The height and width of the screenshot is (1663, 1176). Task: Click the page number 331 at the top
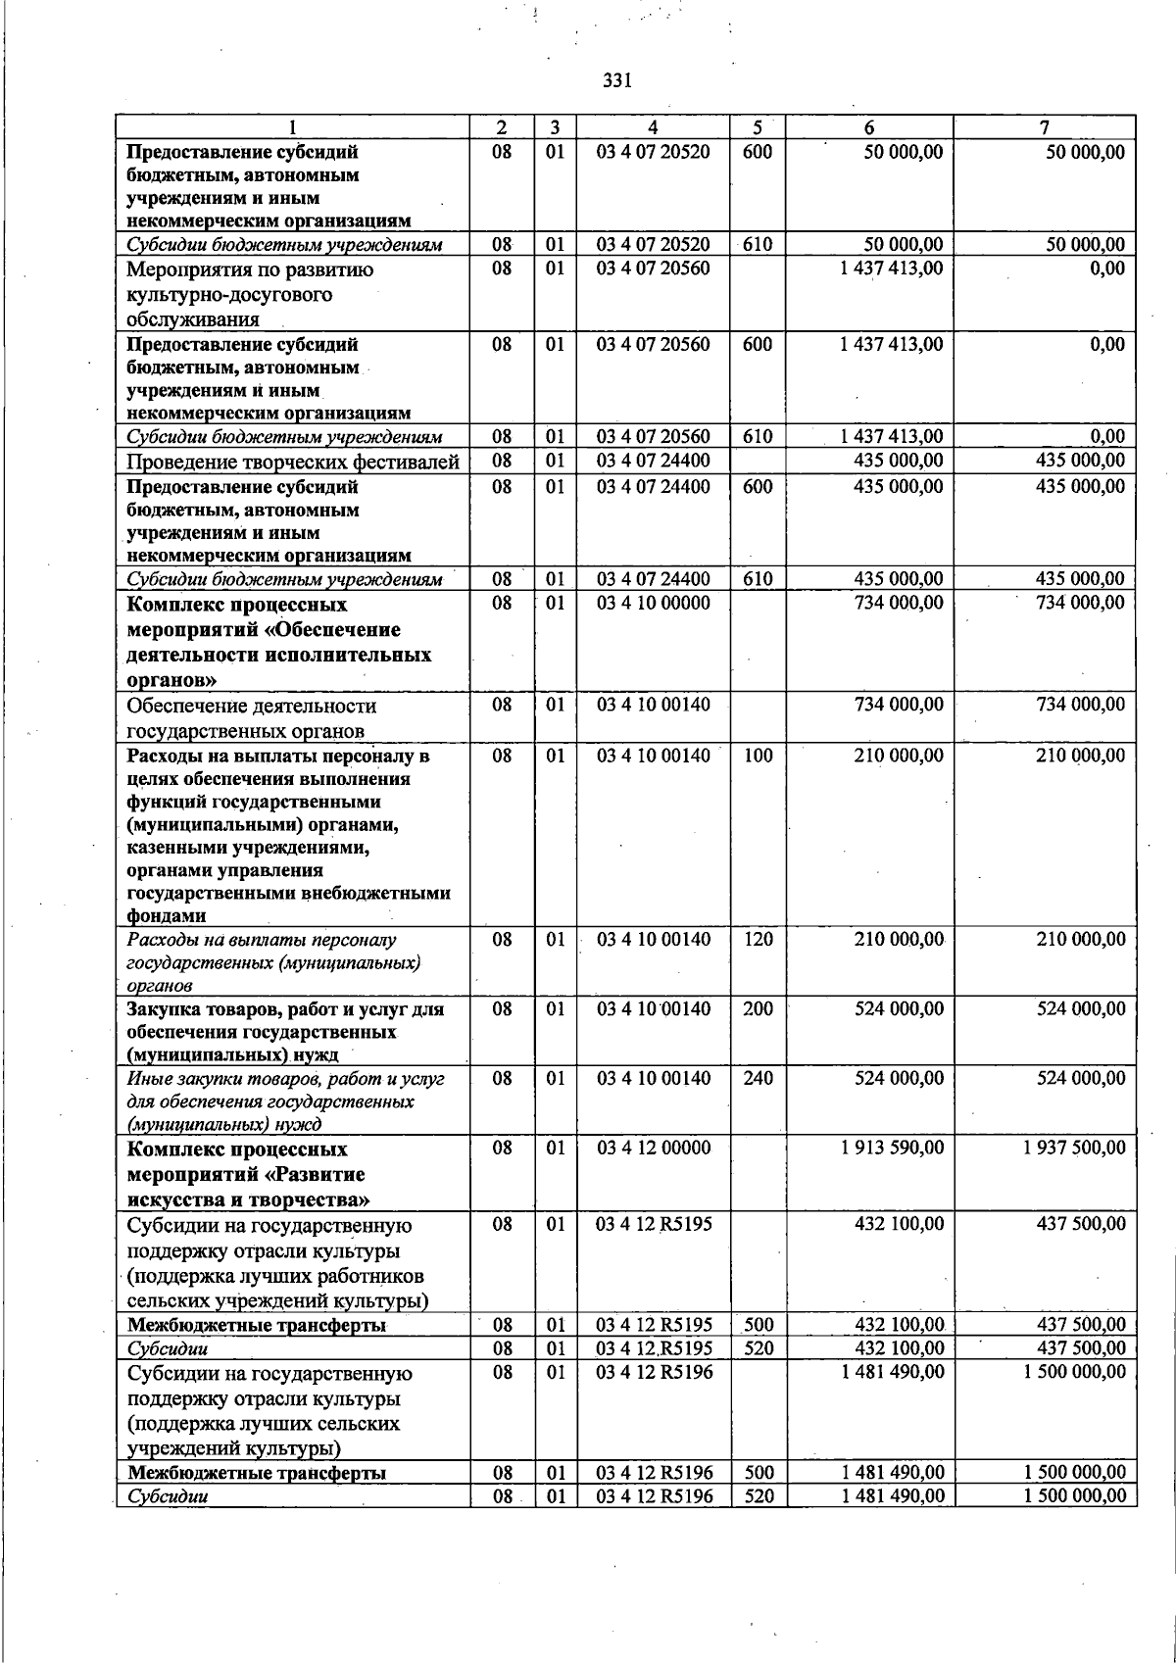click(x=617, y=81)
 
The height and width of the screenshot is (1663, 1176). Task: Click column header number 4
click(x=653, y=127)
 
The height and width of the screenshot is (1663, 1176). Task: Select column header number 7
click(x=1045, y=127)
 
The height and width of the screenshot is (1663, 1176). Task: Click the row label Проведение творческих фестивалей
click(x=293, y=462)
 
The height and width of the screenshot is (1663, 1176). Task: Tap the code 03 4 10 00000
click(x=654, y=603)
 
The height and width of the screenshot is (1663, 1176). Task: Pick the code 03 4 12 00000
click(x=654, y=1148)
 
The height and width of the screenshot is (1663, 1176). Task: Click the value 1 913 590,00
click(x=892, y=1148)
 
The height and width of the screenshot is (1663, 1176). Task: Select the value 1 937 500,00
click(x=1074, y=1148)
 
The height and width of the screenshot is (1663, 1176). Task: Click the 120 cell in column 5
click(x=758, y=940)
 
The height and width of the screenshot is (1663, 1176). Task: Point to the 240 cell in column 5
click(x=758, y=1078)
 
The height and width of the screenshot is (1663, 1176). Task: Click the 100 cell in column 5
click(x=758, y=756)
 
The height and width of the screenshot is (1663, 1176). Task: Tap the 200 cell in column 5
click(x=758, y=1008)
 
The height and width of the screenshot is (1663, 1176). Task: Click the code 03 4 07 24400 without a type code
click(x=654, y=461)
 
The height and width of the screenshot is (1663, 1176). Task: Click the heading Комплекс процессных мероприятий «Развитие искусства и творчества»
click(x=248, y=1174)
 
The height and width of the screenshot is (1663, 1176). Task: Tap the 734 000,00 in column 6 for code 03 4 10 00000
click(x=899, y=603)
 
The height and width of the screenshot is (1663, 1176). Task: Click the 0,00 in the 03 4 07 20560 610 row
click(x=1107, y=436)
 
